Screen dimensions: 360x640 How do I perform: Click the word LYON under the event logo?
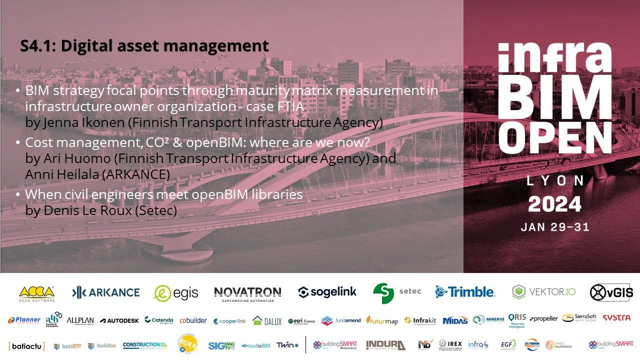pos(555,181)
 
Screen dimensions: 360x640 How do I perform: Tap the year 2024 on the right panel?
pos(555,204)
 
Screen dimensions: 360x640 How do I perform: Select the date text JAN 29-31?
pos(555,227)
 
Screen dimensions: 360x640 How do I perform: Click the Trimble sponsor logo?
pos(465,292)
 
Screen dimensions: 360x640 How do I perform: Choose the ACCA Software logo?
pos(36,293)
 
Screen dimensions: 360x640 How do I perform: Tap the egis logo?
pos(176,293)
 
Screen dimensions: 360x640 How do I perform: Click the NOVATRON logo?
pos(247,293)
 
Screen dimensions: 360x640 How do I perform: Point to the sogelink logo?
pos(327,292)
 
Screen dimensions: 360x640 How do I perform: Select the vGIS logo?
pos(611,292)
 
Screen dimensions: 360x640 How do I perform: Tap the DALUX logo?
pos(267,320)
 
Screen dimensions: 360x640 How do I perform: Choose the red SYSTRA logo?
pos(616,318)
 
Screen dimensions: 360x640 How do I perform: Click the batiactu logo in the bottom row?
pos(27,345)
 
